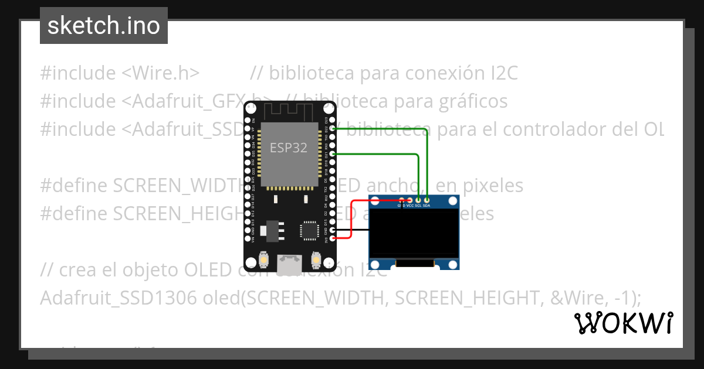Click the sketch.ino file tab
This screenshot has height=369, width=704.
click(x=104, y=26)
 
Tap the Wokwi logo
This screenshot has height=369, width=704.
click(x=622, y=323)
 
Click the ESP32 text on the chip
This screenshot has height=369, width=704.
click(x=288, y=148)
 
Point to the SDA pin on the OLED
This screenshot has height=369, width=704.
click(x=427, y=200)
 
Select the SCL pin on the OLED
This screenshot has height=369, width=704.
click(x=418, y=200)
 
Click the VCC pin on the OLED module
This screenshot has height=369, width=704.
click(x=409, y=200)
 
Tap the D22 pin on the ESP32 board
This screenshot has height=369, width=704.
click(x=333, y=128)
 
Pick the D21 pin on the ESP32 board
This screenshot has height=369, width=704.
click(x=333, y=153)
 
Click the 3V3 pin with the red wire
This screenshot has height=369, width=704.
click(x=333, y=238)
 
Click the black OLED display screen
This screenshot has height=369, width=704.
click(x=414, y=233)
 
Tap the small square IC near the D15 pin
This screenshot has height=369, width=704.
click(x=309, y=230)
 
